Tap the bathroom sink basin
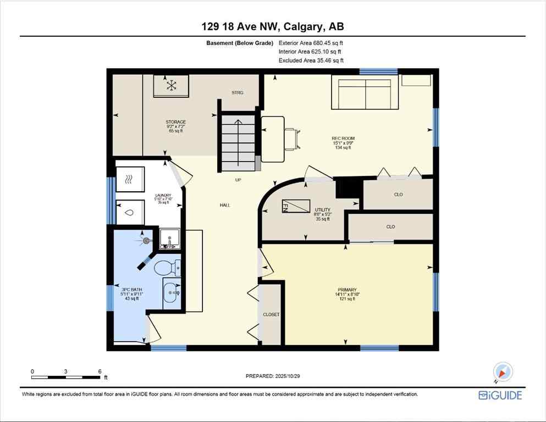pos(171,291)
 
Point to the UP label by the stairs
pos(238,180)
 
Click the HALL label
pos(224,205)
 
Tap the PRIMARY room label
pos(347,290)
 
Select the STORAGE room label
pos(176,122)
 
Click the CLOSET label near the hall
pos(271,314)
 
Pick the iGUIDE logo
pos(500,395)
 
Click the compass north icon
pos(503,372)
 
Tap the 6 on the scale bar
pos(100,371)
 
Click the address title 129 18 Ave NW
pos(273,26)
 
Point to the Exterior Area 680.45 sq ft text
pos(314,43)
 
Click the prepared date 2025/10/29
pos(273,376)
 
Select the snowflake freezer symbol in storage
pos(172,85)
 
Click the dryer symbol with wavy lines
pos(130,179)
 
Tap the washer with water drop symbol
pos(130,212)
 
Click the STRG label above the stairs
pos(238,92)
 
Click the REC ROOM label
pos(343,138)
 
